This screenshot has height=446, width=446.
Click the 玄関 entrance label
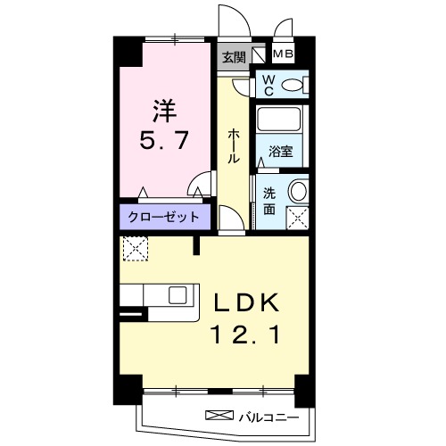click(234, 55)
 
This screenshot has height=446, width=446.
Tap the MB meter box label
click(283, 54)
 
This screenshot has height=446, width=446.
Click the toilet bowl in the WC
click(293, 85)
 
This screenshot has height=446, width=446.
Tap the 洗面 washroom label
click(268, 202)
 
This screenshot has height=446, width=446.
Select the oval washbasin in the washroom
click(297, 190)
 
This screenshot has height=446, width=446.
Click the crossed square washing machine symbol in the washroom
click(296, 216)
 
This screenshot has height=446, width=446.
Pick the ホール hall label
click(234, 145)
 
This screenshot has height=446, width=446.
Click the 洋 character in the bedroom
click(163, 111)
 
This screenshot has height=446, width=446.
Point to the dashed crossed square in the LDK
click(136, 248)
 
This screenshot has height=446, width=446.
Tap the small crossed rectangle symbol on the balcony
click(218, 415)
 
